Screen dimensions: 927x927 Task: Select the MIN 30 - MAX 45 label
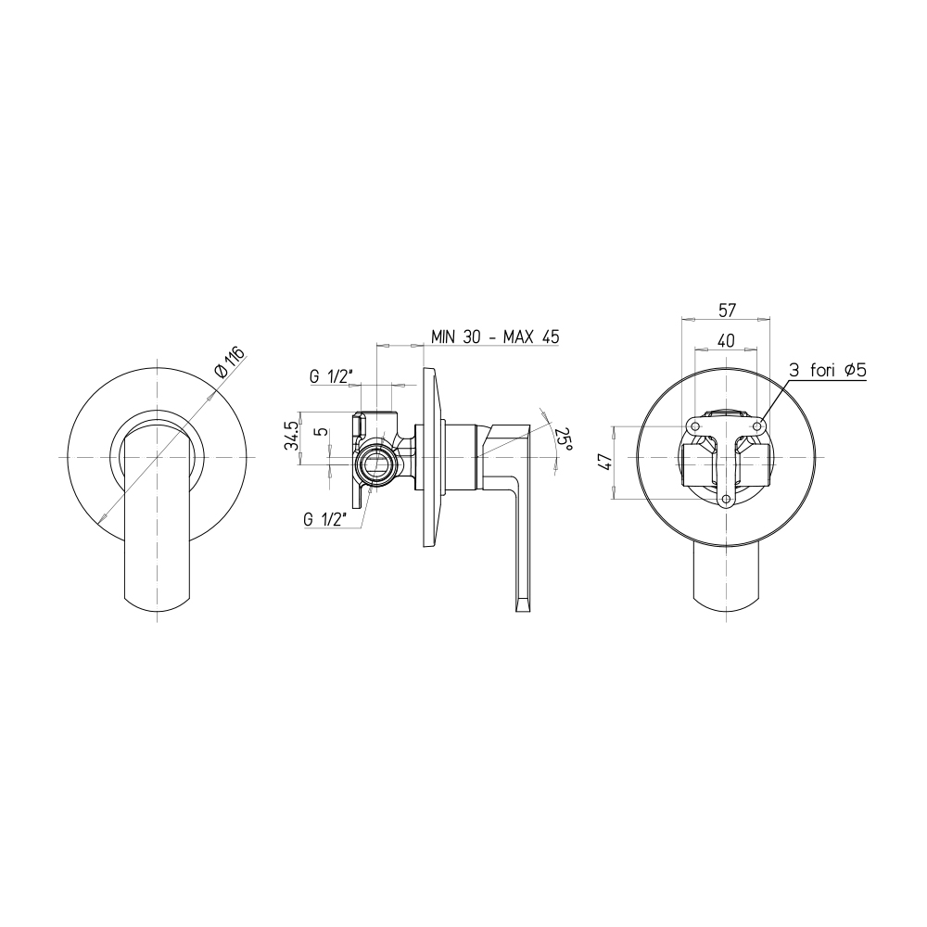[495, 337]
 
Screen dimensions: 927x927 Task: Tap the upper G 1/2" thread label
[331, 376]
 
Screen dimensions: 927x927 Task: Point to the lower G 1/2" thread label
[325, 520]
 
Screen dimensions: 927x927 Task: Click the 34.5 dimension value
[291, 437]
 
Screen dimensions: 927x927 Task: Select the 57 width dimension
[726, 311]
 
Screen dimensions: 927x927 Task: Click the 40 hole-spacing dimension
[726, 340]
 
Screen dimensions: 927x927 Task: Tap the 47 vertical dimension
[604, 462]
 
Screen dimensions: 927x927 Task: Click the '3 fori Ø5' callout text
[827, 371]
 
